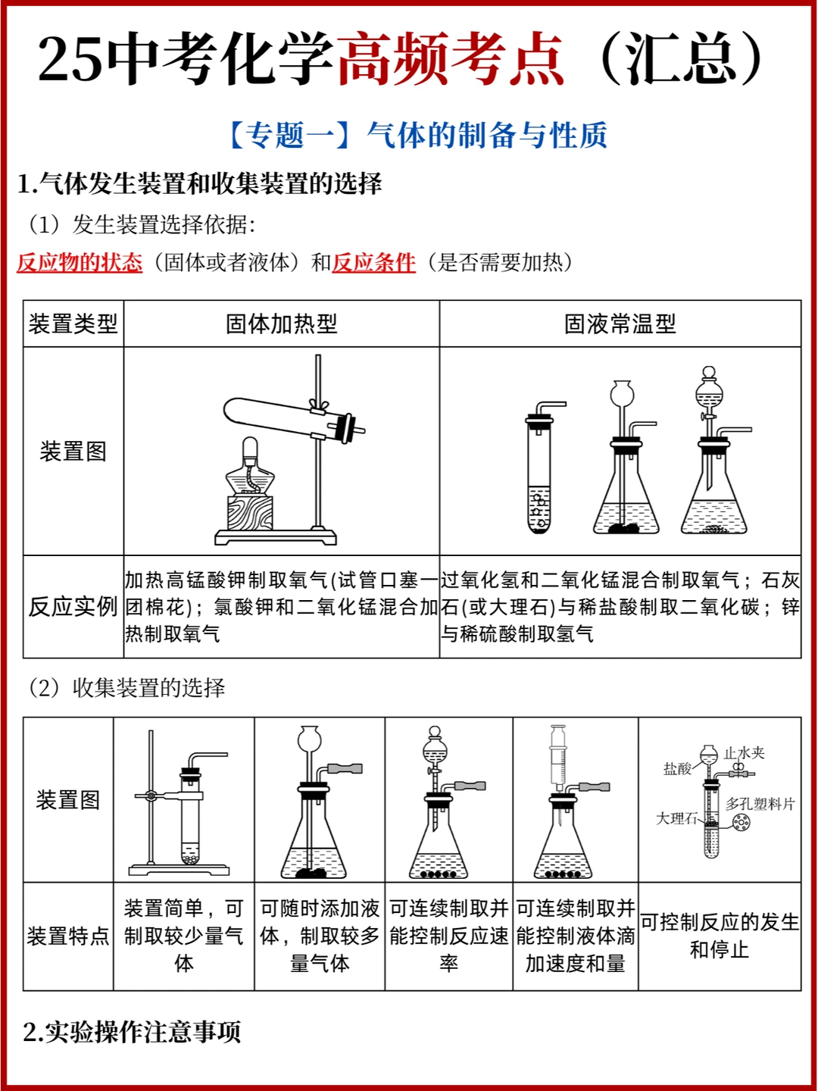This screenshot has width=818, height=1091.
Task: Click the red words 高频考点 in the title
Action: coord(451,58)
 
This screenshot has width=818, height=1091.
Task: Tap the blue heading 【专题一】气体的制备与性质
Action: coord(417,135)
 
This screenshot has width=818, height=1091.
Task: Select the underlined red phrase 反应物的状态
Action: coord(80,262)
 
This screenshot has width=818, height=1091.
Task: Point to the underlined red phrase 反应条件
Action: coord(373,262)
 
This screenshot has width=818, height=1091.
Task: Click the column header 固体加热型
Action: coord(282,324)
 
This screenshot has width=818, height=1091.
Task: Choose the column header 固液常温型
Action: coord(620,324)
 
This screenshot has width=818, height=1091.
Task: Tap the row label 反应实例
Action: coord(73,607)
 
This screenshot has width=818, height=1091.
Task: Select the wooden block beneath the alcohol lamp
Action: coord(250,512)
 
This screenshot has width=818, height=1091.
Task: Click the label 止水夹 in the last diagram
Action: coord(744,752)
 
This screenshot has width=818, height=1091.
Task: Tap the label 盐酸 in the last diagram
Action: coord(677,769)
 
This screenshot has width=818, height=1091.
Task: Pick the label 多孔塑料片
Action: coord(760,804)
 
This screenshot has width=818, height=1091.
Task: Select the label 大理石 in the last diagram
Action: coord(676,818)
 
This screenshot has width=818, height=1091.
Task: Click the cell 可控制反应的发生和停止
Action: coord(720,936)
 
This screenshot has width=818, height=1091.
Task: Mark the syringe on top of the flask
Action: coord(558,756)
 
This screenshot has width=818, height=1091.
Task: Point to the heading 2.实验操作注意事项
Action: coord(132,1032)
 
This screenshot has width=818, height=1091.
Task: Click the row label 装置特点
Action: coord(68,936)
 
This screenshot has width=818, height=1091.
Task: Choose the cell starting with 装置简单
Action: coord(184,936)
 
